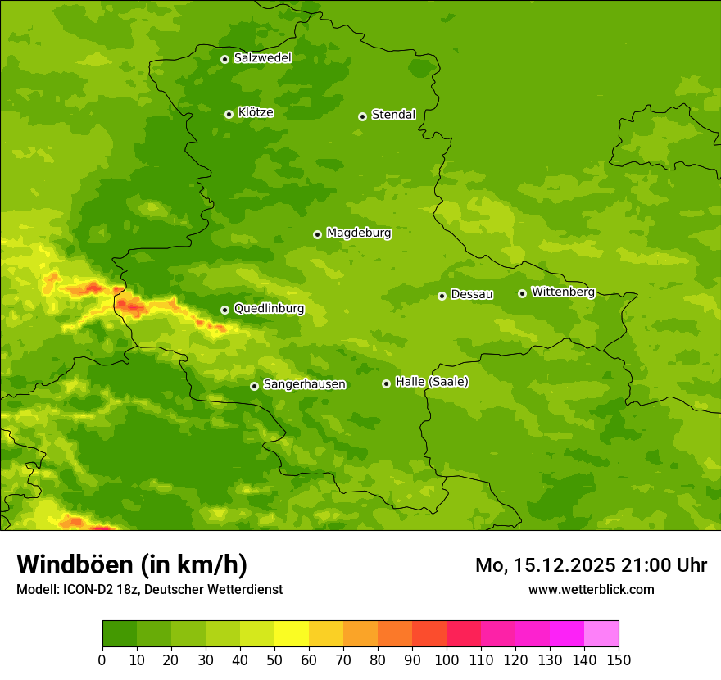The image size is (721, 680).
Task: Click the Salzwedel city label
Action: pyautogui.click(x=262, y=58)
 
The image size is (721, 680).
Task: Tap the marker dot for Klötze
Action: pyautogui.click(x=229, y=114)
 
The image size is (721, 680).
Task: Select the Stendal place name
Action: pyautogui.click(x=393, y=115)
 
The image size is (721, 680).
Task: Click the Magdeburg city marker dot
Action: pyautogui.click(x=317, y=234)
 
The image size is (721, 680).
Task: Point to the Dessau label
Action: pyautogui.click(x=472, y=294)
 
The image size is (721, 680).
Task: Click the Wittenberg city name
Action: pyautogui.click(x=562, y=292)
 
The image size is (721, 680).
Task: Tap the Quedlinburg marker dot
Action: pyautogui.click(x=224, y=310)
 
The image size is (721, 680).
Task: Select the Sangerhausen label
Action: pyautogui.click(x=304, y=384)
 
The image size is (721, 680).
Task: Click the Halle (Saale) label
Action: pyautogui.click(x=432, y=382)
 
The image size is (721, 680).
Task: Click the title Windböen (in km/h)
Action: pyautogui.click(x=131, y=564)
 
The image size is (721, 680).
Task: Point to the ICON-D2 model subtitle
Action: pyautogui.click(x=149, y=590)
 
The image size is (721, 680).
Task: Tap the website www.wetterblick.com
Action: pyautogui.click(x=591, y=590)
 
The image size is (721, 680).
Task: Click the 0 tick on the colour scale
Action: pyautogui.click(x=102, y=660)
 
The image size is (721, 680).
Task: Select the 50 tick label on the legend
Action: pyautogui.click(x=274, y=660)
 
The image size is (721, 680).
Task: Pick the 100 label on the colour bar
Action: pyautogui.click(x=447, y=660)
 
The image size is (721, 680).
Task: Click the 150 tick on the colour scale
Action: pyautogui.click(x=619, y=660)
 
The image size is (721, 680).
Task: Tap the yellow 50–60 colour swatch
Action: pyautogui.click(x=292, y=634)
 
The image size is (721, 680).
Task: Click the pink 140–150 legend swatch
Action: pyautogui.click(x=601, y=634)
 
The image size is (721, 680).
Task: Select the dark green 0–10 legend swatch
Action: pyautogui.click(x=120, y=634)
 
